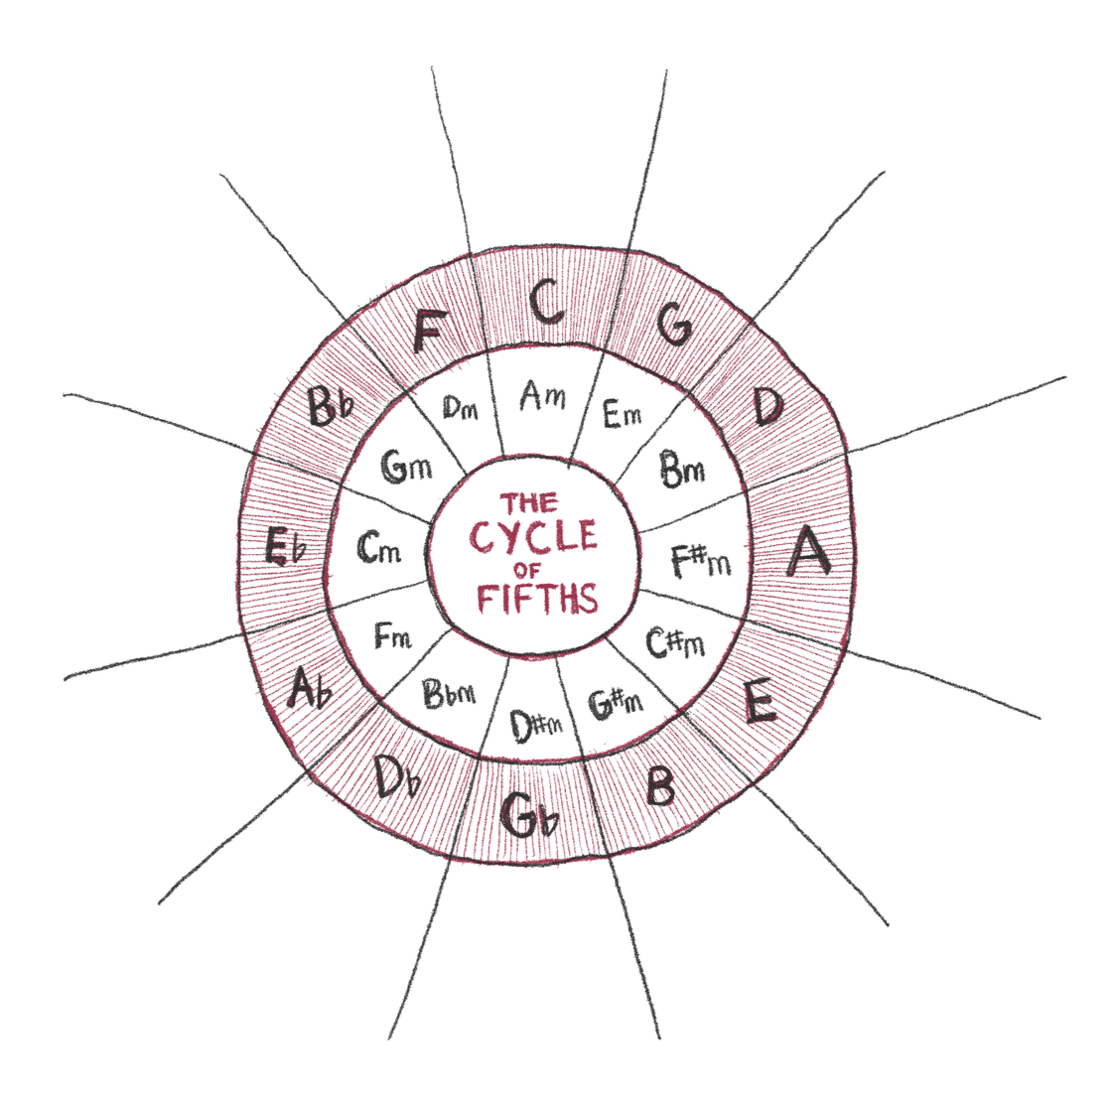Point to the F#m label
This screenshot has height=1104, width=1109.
point(700,559)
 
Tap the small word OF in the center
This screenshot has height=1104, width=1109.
point(525,569)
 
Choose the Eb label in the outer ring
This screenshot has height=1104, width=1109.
point(283,548)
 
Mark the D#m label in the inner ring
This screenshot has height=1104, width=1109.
point(536,727)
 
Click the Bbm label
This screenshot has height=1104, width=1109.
point(450,692)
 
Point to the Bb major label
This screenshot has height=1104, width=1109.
point(331,405)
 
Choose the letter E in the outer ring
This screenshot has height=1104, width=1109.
point(759,703)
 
